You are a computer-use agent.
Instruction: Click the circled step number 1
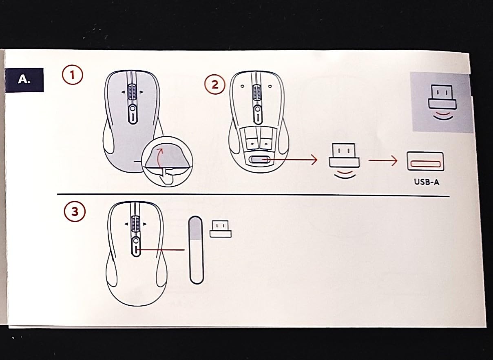tap(73, 76)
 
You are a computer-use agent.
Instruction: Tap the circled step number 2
tap(215, 84)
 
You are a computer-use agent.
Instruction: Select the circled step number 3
tap(75, 211)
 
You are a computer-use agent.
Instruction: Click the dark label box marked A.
tap(24, 80)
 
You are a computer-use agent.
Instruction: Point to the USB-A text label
tap(427, 182)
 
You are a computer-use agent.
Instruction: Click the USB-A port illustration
tap(425, 161)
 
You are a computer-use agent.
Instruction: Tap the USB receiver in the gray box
tap(442, 102)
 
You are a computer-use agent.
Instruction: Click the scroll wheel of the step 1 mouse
tap(132, 92)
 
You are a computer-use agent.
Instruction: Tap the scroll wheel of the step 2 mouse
tap(256, 93)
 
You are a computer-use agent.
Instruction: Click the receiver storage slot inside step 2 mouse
tap(260, 160)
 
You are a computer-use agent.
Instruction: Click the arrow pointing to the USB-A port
tap(383, 160)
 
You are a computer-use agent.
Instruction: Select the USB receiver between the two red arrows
tap(344, 161)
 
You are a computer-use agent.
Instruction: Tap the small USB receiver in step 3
tap(220, 229)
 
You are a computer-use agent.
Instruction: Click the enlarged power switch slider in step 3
tap(195, 250)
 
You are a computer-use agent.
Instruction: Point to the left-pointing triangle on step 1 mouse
tap(123, 92)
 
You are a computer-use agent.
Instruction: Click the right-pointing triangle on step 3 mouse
tap(145, 224)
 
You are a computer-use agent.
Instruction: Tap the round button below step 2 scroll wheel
tap(257, 109)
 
